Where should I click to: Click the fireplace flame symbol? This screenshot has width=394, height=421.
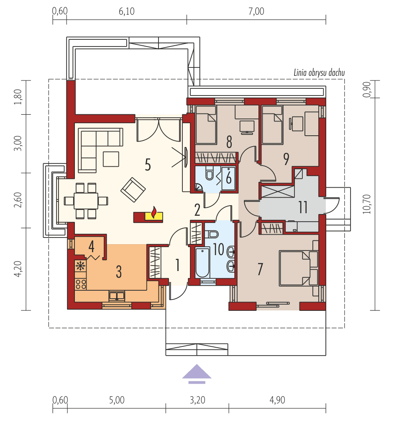pyautogui.click(x=154, y=213)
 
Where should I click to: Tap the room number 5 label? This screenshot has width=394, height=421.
pyautogui.click(x=147, y=165)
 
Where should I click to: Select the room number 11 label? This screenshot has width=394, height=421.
pyautogui.click(x=303, y=207)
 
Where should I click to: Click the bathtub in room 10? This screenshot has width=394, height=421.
pyautogui.click(x=202, y=263)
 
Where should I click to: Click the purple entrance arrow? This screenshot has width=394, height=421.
pyautogui.click(x=197, y=372)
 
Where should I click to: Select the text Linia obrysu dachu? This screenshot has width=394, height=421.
pyautogui.click(x=319, y=73)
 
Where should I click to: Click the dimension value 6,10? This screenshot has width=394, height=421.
pyautogui.click(x=126, y=12)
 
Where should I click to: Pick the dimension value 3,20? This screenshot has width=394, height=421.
pyautogui.click(x=197, y=400)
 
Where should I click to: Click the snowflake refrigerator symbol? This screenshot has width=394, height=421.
pyautogui.click(x=79, y=266)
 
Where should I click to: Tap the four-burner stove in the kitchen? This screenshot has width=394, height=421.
pyautogui.click(x=80, y=284)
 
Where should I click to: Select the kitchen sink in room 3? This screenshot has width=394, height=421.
pyautogui.click(x=117, y=296)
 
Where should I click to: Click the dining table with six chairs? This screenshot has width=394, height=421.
pyautogui.click(x=86, y=201)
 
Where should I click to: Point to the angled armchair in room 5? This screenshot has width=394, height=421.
pyautogui.click(x=133, y=189)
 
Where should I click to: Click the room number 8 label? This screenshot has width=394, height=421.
pyautogui.click(x=229, y=142)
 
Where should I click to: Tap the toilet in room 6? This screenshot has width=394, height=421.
pyautogui.click(x=210, y=174)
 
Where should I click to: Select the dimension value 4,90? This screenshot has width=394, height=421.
pyautogui.click(x=277, y=400)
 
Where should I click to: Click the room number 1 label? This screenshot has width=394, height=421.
pyautogui.click(x=177, y=265)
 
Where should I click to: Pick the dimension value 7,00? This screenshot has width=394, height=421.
pyautogui.click(x=256, y=12)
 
